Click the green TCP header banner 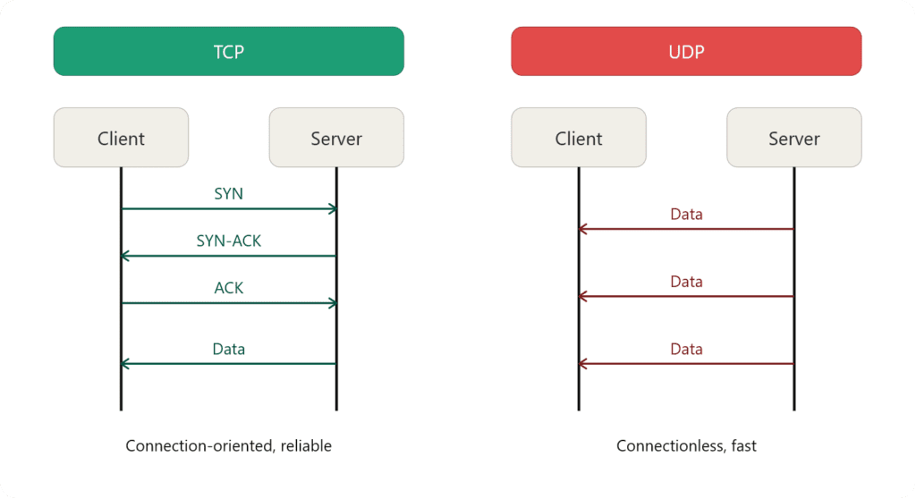tap(228, 51)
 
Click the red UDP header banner tap(686, 51)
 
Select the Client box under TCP tap(121, 138)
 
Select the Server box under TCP tap(336, 138)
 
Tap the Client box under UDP tap(579, 138)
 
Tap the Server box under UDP tap(794, 138)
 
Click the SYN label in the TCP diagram tap(228, 193)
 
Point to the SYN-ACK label tap(228, 241)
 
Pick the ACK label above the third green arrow tap(228, 288)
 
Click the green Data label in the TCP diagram tap(228, 349)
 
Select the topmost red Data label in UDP tap(686, 214)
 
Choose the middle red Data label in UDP tap(686, 281)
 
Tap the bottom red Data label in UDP tap(686, 349)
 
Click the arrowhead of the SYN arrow tap(333, 208)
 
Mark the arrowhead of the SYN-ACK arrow tap(125, 256)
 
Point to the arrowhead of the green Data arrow tap(125, 363)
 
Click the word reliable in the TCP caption tap(306, 445)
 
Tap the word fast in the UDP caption tap(742, 445)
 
